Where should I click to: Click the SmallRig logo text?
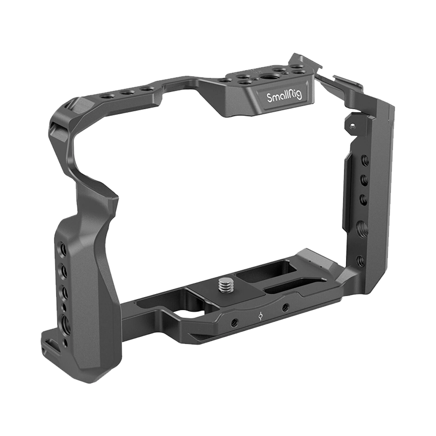[284, 96]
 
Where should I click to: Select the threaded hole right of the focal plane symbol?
[285, 307]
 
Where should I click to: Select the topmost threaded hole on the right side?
[364, 161]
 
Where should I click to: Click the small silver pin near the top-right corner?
[352, 126]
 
